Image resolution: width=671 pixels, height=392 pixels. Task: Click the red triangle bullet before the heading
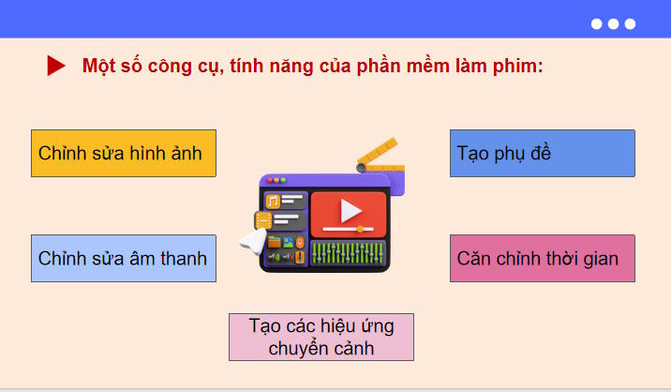(x=56, y=66)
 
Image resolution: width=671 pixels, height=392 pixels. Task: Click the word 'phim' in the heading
(x=518, y=67)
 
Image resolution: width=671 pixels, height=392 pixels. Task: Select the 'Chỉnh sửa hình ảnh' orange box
(x=124, y=153)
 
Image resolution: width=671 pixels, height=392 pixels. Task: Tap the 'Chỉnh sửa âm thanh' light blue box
(x=124, y=258)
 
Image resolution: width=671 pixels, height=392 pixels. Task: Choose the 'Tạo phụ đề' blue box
(x=542, y=153)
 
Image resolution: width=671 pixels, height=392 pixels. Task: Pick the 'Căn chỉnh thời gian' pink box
(x=542, y=258)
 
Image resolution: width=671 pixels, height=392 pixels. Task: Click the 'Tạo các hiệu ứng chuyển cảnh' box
(x=321, y=337)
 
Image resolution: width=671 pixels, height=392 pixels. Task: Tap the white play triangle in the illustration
(x=350, y=210)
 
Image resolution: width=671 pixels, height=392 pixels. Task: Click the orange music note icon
(x=273, y=201)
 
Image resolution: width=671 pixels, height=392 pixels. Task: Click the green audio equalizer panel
(x=347, y=253)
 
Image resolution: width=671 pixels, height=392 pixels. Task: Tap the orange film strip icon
(x=264, y=221)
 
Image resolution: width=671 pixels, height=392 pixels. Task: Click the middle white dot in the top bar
(x=613, y=24)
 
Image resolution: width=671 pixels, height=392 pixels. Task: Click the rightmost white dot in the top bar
(x=630, y=24)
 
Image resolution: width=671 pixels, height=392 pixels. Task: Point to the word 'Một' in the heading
(x=98, y=66)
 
